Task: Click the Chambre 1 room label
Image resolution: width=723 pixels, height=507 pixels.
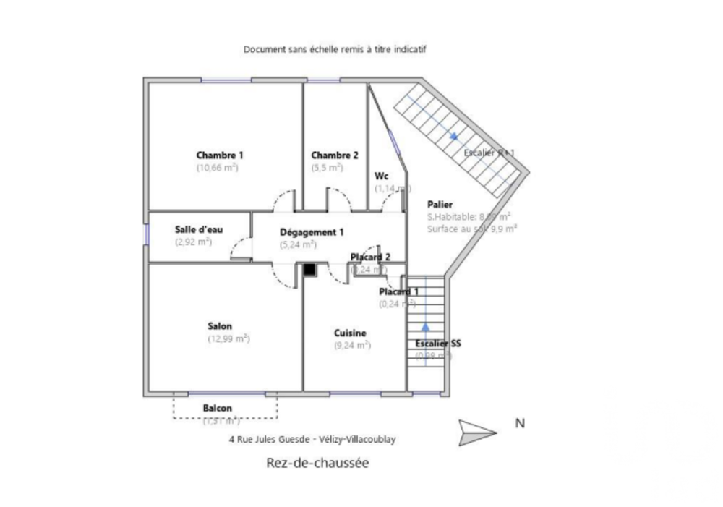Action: click(x=220, y=155)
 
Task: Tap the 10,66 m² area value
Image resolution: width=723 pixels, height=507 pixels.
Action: click(x=217, y=167)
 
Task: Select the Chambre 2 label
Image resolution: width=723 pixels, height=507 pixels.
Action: click(x=335, y=155)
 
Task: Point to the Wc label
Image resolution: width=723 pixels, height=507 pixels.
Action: click(x=381, y=176)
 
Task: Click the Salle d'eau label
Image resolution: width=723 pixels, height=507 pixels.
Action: click(x=199, y=229)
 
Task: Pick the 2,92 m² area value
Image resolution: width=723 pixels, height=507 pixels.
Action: click(x=193, y=242)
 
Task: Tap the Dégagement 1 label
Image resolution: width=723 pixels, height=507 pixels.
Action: click(x=312, y=232)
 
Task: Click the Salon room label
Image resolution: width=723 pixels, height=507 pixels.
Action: click(x=220, y=326)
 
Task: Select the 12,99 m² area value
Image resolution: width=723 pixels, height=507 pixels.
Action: click(x=228, y=338)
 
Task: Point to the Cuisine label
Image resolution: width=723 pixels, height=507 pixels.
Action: click(x=350, y=333)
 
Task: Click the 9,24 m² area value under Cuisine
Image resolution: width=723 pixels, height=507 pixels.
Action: click(x=352, y=345)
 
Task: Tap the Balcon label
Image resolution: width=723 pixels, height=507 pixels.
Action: click(x=218, y=408)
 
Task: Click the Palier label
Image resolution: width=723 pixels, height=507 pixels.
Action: click(x=440, y=204)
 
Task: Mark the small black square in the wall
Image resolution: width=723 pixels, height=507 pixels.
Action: click(x=309, y=270)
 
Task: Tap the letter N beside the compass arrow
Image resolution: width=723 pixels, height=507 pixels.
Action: click(x=519, y=424)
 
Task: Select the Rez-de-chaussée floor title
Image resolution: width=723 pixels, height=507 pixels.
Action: click(x=317, y=463)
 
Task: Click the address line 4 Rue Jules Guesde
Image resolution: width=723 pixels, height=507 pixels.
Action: click(x=317, y=439)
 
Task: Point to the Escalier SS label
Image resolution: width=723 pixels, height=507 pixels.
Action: click(x=438, y=344)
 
